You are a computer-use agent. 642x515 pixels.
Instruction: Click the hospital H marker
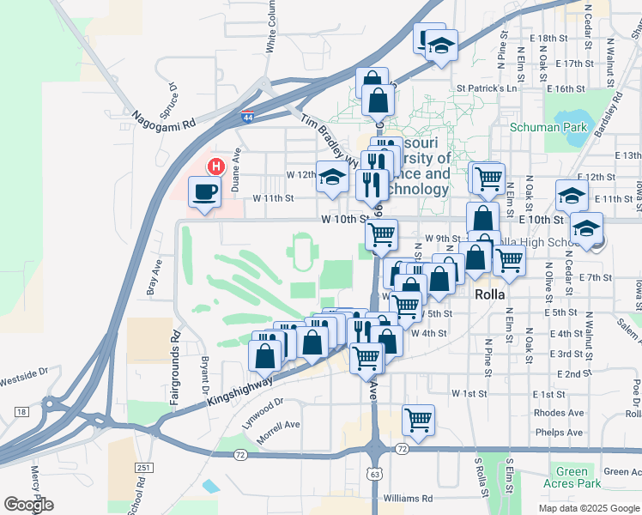(x=217, y=166)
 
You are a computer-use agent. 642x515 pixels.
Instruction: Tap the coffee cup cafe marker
(x=204, y=192)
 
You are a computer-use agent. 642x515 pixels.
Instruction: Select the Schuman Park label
(x=548, y=128)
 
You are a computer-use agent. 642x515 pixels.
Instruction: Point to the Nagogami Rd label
(x=163, y=118)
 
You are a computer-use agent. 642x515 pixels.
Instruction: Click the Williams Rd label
(x=409, y=498)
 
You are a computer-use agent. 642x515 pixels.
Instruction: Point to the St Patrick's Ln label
(x=487, y=88)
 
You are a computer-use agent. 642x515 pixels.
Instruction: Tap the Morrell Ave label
(x=280, y=425)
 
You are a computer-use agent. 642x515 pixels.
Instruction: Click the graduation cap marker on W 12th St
(x=332, y=178)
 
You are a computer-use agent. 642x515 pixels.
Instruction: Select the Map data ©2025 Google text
(x=589, y=507)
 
